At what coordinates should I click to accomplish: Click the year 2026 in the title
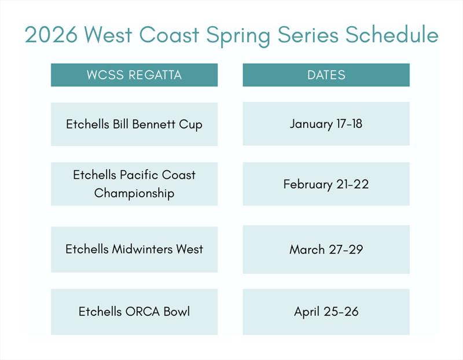coord(51,35)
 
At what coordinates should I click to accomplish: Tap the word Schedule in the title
coord(392,35)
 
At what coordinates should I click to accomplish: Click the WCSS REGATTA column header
coord(134,75)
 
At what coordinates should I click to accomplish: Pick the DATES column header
coord(326,75)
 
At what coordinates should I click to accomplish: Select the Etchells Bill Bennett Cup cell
coord(134,124)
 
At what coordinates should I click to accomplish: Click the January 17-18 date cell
coord(326,124)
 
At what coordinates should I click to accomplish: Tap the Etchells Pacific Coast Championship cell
coord(134,184)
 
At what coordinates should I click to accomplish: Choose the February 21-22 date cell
coord(326,184)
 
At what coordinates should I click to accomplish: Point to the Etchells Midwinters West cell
coord(134,249)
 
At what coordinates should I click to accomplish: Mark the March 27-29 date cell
coord(326,249)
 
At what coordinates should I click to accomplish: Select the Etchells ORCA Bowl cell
coord(134,312)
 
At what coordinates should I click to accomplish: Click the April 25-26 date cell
coord(326,312)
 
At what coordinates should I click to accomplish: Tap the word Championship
coord(134,193)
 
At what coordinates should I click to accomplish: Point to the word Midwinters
coord(141,249)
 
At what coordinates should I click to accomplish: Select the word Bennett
coord(155,124)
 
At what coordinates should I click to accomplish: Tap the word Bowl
coord(175,312)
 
